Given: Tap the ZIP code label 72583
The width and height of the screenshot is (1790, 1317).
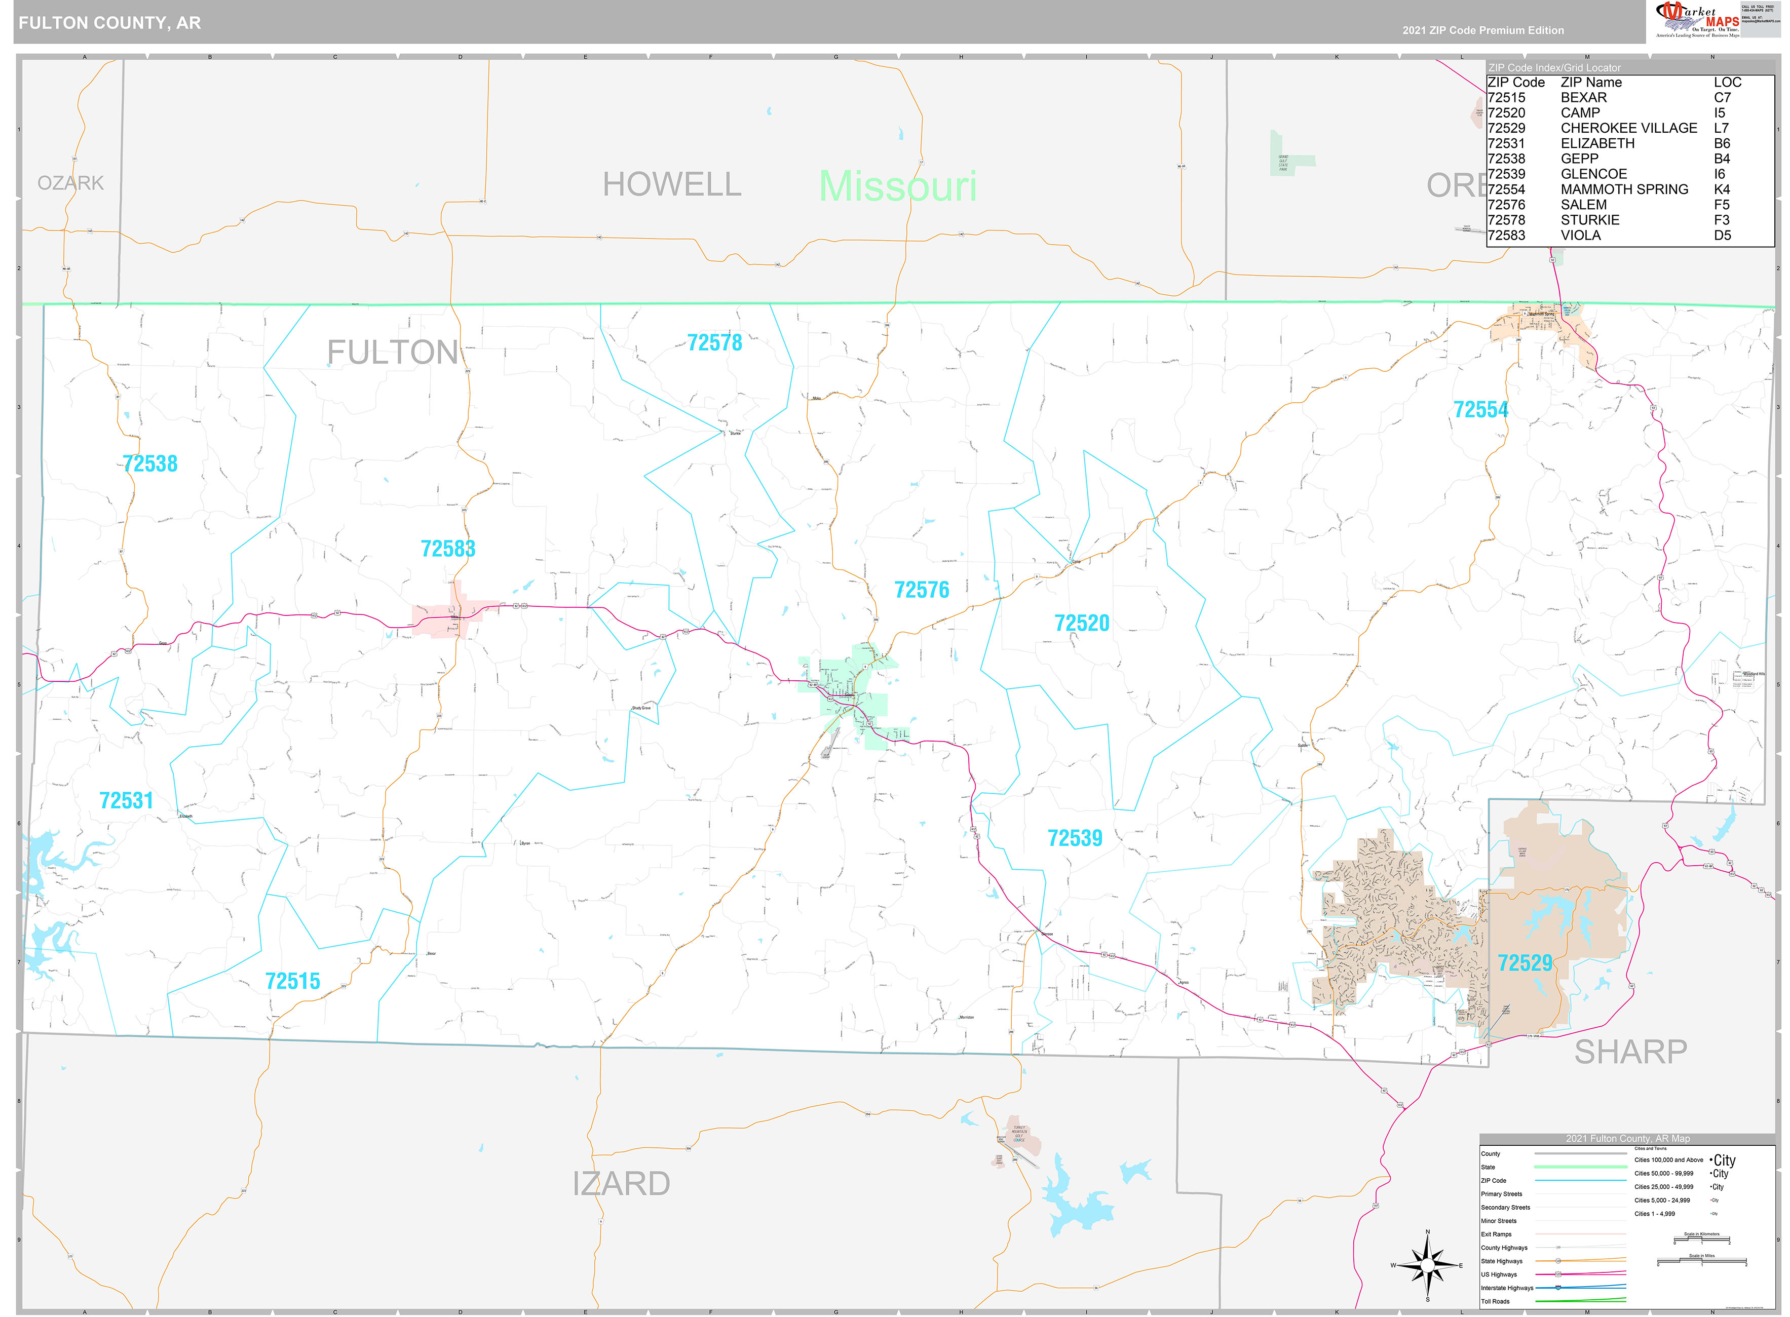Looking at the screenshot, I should (x=447, y=549).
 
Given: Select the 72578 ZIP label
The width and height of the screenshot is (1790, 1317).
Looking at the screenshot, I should (x=714, y=343).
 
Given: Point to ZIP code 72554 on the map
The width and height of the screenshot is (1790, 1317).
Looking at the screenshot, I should (x=1480, y=410).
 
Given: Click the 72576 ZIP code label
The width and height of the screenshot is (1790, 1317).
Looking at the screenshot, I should (x=922, y=590).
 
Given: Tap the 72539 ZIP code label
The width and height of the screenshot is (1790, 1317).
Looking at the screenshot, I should (x=1075, y=838).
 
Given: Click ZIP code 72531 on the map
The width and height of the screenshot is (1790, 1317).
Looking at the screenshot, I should (x=126, y=800).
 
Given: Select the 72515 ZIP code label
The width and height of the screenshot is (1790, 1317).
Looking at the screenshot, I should (x=293, y=981).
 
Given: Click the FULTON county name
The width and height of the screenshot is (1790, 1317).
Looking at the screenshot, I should (x=392, y=353).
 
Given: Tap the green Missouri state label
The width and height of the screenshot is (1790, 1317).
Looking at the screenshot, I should (x=898, y=186).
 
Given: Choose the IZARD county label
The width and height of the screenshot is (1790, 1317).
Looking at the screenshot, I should (x=621, y=1184).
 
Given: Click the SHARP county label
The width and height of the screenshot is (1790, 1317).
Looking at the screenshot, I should (x=1630, y=1052).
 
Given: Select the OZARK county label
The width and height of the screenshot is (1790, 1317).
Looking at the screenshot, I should (x=71, y=183).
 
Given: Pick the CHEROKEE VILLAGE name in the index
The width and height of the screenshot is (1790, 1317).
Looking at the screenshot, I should (x=1628, y=128).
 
